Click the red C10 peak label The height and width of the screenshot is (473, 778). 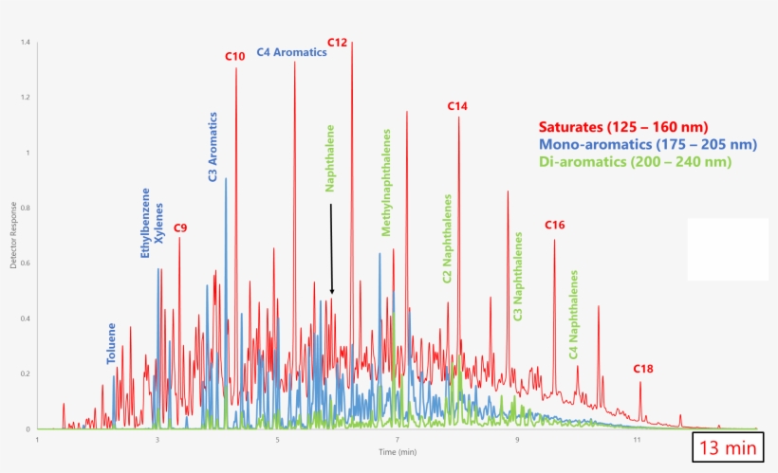235,57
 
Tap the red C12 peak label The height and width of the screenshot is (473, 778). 338,43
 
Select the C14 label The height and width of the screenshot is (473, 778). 457,107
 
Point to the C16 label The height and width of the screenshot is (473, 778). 555,225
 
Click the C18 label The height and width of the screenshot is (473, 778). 644,369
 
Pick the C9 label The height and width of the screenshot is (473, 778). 180,228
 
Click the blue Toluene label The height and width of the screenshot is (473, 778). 112,344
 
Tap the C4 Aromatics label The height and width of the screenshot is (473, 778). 292,53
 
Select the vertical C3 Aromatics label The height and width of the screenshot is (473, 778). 213,147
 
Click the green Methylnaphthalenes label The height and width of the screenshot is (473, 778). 386,182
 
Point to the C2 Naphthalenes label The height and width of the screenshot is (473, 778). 447,240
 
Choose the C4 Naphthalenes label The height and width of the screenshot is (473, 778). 574,314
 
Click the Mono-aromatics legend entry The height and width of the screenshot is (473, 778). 647,144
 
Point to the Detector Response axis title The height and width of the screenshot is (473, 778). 14,235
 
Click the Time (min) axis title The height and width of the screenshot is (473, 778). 398,453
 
